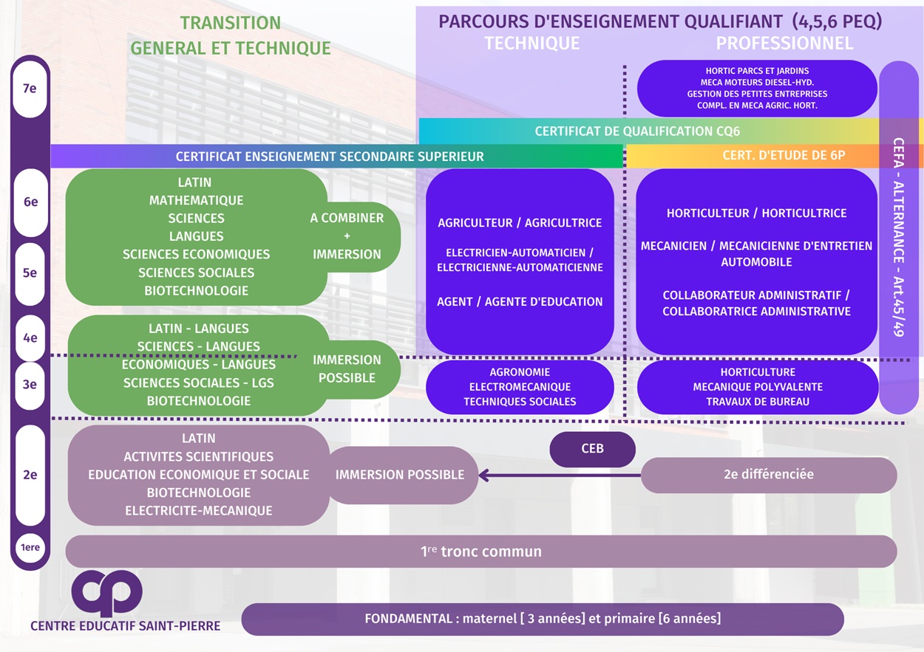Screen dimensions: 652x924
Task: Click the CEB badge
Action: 592,449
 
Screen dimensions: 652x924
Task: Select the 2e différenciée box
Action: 768,475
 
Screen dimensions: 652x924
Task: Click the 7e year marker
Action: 30,89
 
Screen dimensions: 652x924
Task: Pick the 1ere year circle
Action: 30,548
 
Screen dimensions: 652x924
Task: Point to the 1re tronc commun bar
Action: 480,552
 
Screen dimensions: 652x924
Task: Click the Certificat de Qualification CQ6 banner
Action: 637,131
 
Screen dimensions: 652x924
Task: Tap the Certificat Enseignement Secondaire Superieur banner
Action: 330,157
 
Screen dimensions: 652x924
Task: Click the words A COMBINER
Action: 347,218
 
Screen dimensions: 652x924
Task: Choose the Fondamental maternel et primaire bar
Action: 542,619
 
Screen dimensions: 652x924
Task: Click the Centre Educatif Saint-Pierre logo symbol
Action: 107,592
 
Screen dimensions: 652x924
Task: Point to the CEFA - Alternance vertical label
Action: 899,236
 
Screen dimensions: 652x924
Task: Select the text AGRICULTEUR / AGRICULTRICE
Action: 520,223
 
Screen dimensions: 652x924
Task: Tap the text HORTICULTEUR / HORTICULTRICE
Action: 756,213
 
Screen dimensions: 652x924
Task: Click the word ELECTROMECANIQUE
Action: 520,387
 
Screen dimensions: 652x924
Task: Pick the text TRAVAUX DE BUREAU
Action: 758,402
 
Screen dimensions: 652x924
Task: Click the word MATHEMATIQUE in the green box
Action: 196,200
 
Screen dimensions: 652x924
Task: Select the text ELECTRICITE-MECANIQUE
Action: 198,511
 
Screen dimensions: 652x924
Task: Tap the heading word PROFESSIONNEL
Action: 784,44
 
